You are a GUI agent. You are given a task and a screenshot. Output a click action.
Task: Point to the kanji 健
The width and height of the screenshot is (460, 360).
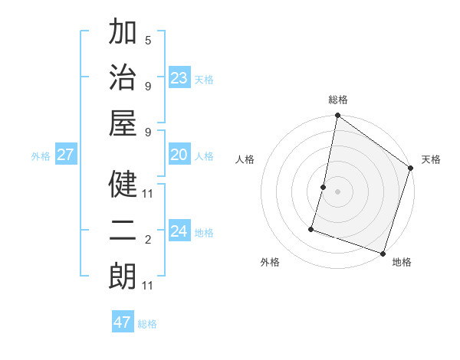pyautogui.click(x=123, y=184)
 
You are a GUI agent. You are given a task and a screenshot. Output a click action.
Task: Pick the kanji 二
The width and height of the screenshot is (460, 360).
pyautogui.click(x=123, y=230)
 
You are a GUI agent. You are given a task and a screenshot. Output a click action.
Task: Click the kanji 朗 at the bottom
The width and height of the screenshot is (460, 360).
pyautogui.click(x=123, y=276)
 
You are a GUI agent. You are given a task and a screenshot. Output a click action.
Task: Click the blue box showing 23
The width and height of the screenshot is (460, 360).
pyautogui.click(x=179, y=78)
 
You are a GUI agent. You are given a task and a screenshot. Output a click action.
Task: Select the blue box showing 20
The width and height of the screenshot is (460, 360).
pyautogui.click(x=179, y=155)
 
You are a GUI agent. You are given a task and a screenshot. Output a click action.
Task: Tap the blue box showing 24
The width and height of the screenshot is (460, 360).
pyautogui.click(x=179, y=231)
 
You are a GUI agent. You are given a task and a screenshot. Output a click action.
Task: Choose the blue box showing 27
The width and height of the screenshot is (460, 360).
pyautogui.click(x=66, y=155)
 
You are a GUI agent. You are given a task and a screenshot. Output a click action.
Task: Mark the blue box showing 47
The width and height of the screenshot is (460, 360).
pyautogui.click(x=123, y=322)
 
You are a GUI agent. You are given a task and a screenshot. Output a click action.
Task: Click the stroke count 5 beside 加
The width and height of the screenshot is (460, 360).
pyautogui.click(x=148, y=40)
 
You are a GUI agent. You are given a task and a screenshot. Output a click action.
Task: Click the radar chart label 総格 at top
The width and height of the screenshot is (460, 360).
pyautogui.click(x=338, y=100)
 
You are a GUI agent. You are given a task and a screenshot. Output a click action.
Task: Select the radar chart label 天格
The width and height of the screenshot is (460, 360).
pyautogui.click(x=431, y=159)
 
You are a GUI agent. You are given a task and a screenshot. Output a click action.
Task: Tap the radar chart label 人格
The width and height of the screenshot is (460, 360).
pyautogui.click(x=245, y=159)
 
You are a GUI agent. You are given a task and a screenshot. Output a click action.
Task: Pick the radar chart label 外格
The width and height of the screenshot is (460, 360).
pyautogui.click(x=270, y=262)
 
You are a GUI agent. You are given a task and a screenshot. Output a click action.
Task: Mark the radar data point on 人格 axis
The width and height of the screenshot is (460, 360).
pyautogui.click(x=324, y=187)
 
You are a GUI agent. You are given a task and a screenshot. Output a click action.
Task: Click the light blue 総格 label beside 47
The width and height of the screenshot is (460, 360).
pyautogui.click(x=147, y=324)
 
